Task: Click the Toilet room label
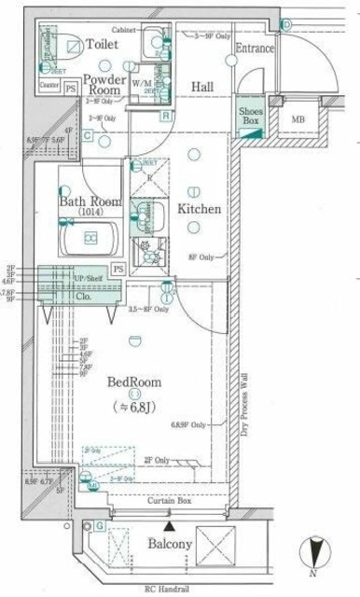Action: pos(102,44)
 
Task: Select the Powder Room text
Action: pos(104,85)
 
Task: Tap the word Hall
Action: pos(202,87)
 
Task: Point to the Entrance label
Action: pos(255,49)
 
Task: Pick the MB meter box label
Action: pos(298,119)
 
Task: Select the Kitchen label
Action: pos(199,209)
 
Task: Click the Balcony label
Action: pos(170,543)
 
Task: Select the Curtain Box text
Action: pos(170,502)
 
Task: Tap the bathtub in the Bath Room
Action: pos(91,239)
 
